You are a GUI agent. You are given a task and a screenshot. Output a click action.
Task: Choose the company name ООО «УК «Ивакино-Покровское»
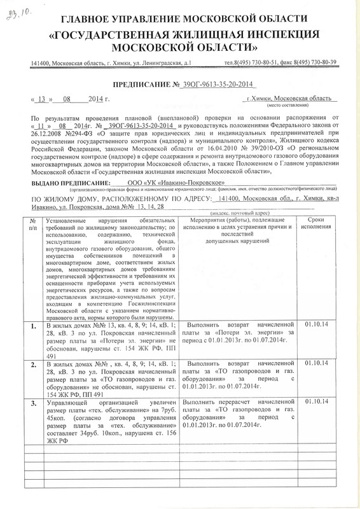[183, 183]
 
